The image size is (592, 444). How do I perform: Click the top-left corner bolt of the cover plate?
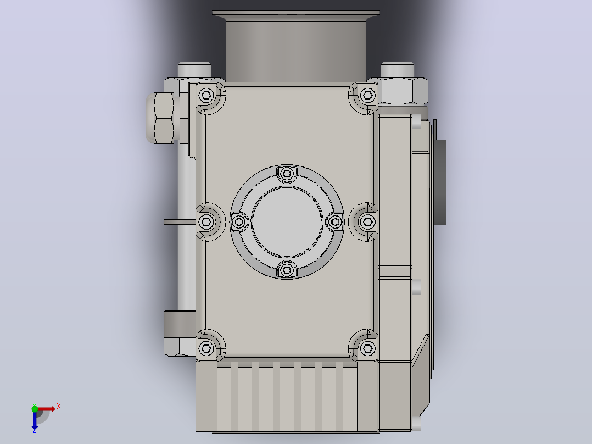coord(206,95)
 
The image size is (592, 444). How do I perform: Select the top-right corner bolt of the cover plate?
coord(367,95)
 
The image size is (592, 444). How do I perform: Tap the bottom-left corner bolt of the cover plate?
coord(206,348)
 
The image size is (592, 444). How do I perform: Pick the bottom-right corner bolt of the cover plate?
coord(367,348)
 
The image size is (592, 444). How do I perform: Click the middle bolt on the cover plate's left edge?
coord(206,222)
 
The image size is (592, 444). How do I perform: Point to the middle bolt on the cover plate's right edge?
coord(367,222)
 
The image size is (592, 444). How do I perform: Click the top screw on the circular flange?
coord(287,174)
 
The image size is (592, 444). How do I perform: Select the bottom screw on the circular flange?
coord(287,270)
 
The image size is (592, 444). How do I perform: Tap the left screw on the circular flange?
coord(238,222)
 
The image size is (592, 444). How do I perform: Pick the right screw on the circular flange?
coord(335,222)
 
